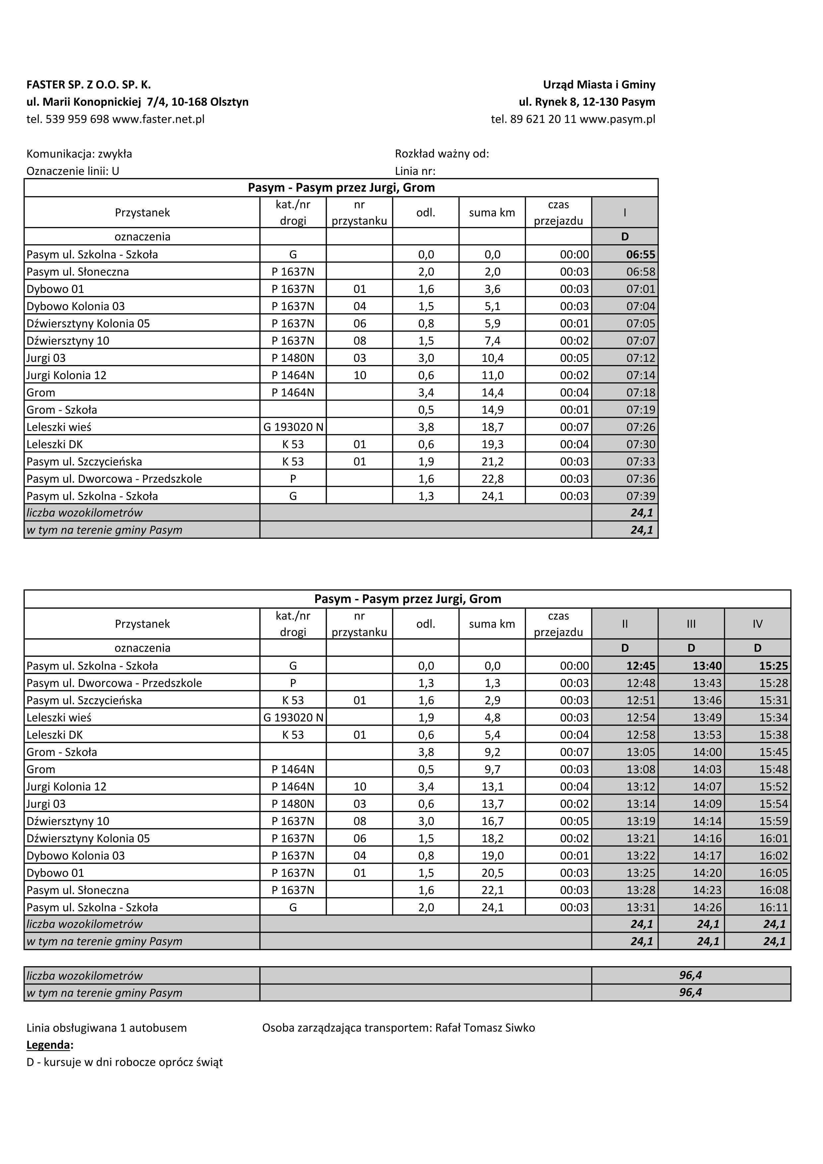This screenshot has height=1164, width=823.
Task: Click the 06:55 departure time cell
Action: point(641,255)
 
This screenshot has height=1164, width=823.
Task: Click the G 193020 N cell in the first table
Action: point(293,427)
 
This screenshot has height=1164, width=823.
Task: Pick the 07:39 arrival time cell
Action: point(641,496)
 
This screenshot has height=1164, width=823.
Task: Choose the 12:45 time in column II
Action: point(641,666)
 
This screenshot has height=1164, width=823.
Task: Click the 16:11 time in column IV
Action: point(773,907)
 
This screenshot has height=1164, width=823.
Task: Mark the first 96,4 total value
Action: point(690,975)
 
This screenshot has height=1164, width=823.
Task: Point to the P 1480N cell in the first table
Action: point(293,358)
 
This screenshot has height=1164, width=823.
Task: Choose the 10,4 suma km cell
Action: point(492,358)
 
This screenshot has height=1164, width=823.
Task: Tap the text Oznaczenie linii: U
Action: point(72,171)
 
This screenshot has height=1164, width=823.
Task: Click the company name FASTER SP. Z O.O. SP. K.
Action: point(89,85)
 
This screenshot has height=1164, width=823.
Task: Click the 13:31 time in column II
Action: point(641,907)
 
